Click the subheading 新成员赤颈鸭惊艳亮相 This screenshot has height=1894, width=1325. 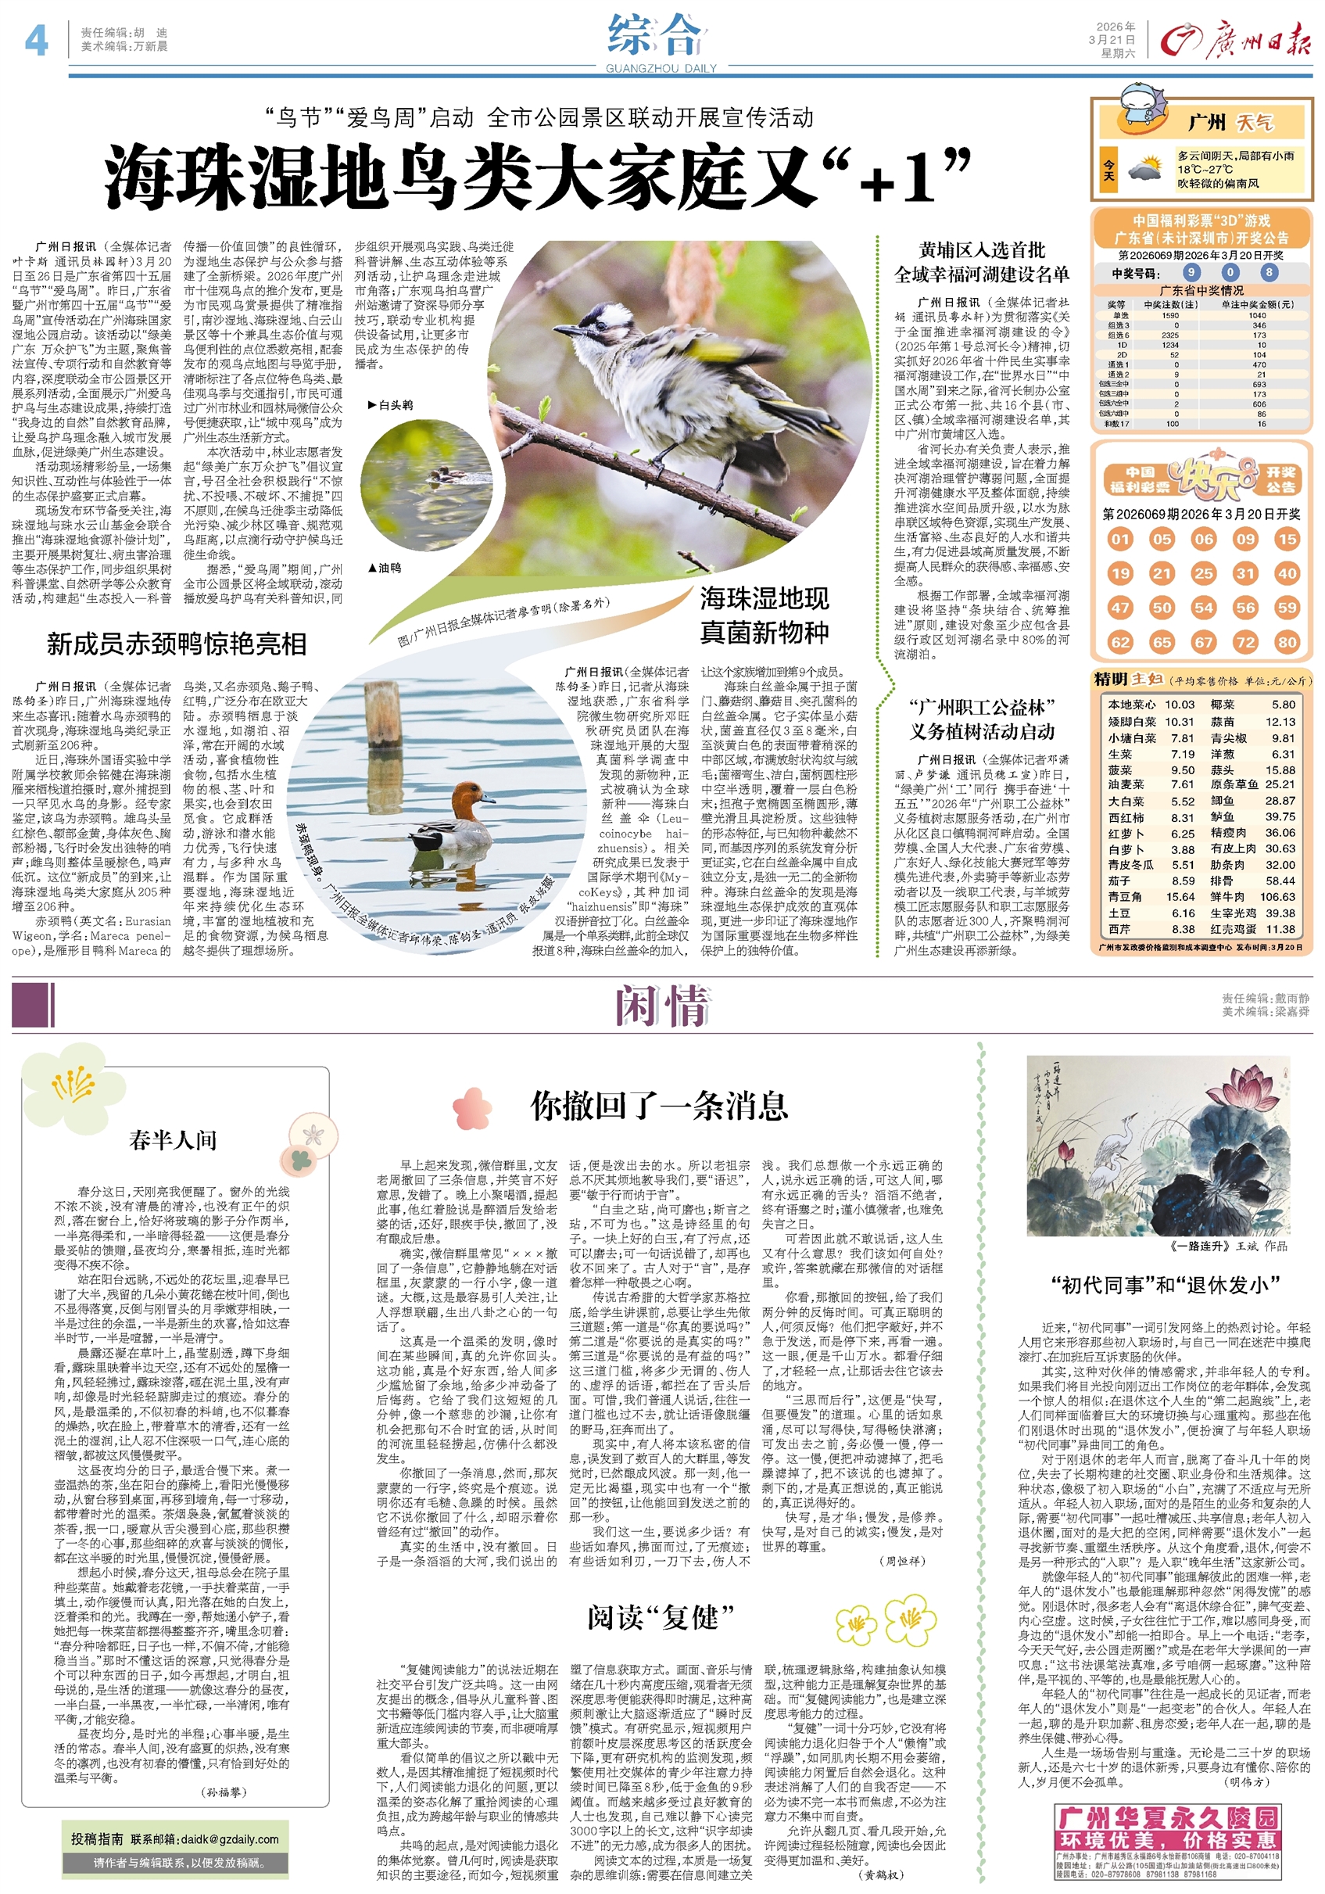[177, 644]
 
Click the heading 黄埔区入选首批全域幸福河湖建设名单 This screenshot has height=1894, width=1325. [981, 262]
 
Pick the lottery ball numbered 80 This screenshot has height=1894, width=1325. [1286, 642]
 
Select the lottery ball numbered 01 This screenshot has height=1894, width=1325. [1119, 540]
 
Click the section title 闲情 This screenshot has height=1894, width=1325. [661, 1006]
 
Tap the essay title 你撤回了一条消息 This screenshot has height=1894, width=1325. [660, 1107]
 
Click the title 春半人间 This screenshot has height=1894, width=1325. [173, 1140]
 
